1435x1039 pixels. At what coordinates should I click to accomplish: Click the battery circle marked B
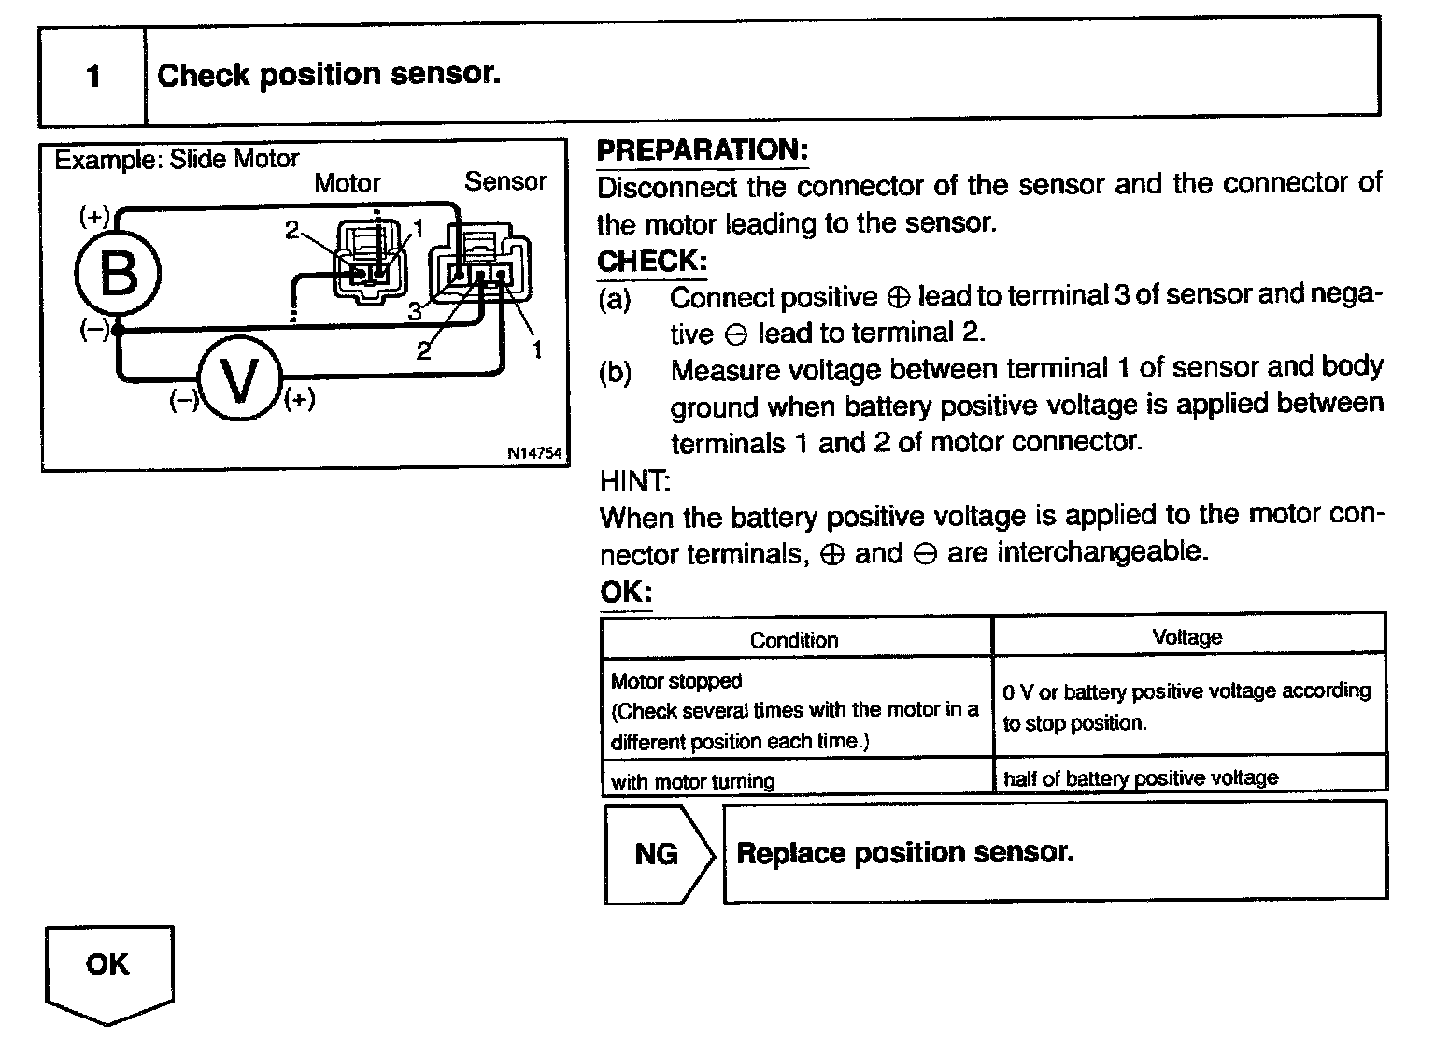coord(119,274)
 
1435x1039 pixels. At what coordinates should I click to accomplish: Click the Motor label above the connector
coord(348,182)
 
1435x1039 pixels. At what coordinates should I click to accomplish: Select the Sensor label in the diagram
coord(504,181)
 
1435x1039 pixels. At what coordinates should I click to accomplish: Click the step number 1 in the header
coord(92,76)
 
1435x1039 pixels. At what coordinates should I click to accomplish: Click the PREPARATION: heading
coord(702,150)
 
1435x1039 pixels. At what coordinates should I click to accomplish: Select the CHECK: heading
coord(651,261)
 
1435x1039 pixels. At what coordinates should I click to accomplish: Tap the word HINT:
coord(634,481)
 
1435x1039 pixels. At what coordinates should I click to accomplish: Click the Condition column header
coord(794,640)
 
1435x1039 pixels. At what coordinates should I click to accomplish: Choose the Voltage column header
coord(1186,637)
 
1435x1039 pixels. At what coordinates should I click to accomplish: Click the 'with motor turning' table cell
coord(692,781)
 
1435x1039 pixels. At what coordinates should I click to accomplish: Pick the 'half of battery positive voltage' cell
coord(1140,778)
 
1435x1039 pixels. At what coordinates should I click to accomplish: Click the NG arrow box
coord(657,854)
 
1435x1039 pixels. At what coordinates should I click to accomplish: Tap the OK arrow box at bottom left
coord(108,967)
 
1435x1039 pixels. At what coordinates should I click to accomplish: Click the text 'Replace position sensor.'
coord(904,852)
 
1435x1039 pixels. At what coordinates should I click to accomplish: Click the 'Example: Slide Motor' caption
coord(177,160)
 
